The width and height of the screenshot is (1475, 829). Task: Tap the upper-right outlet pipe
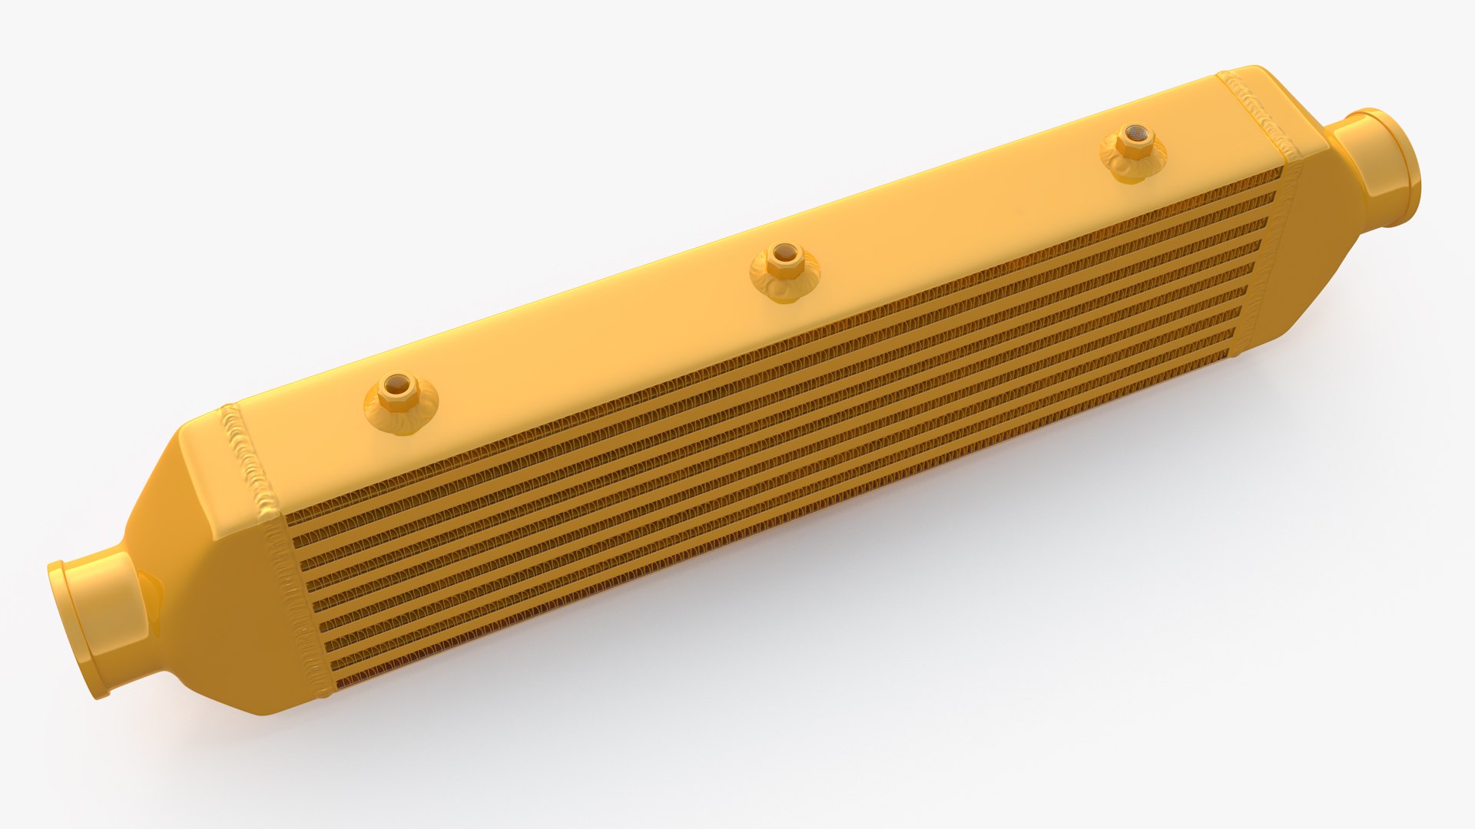[1375, 165]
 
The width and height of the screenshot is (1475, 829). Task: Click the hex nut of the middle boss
[785, 257]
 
